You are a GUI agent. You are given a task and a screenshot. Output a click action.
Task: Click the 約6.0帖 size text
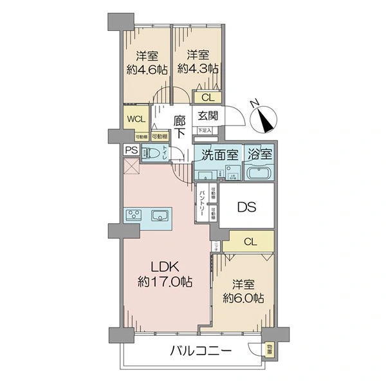pos(243,298)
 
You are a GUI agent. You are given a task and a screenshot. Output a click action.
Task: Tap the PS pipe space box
pos(131,151)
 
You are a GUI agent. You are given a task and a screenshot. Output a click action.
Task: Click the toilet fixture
pos(152,154)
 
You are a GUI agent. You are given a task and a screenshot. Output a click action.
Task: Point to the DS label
pos(248,207)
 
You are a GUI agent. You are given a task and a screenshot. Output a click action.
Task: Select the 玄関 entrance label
pos(208,116)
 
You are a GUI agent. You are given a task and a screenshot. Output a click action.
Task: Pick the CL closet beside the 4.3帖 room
pos(207,98)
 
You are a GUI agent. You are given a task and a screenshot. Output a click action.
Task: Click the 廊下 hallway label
pos(180,125)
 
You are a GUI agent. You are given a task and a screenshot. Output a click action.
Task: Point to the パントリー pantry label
pos(203,201)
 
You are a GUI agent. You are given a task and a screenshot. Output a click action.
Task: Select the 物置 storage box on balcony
pos(270,351)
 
